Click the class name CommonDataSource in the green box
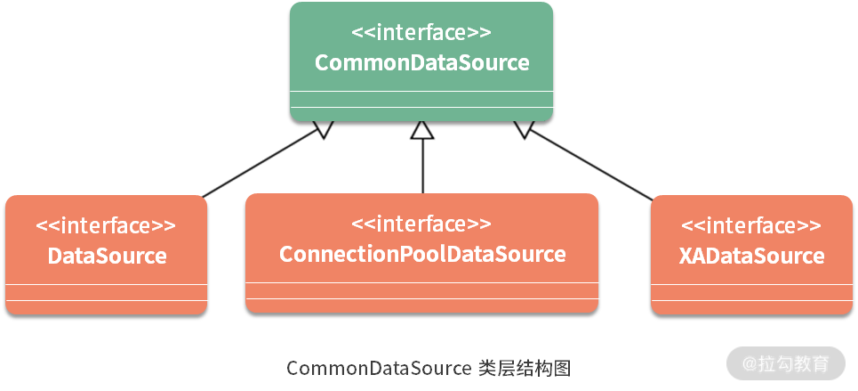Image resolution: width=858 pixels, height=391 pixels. coord(421,63)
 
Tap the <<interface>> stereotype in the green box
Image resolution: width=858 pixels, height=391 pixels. coord(421,34)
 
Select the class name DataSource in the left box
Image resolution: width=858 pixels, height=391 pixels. coord(107,257)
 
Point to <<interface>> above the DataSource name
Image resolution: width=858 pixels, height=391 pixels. coord(107,226)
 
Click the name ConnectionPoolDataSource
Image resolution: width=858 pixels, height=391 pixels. coord(422,255)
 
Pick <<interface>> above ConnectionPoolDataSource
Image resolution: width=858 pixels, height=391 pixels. coord(422,224)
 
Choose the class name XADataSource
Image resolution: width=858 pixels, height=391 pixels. coord(751,257)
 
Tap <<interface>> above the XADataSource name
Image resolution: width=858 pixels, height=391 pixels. coord(751,226)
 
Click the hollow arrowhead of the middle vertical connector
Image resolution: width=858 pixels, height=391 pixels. coord(422,131)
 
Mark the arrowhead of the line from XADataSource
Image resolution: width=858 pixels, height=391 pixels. coord(524,131)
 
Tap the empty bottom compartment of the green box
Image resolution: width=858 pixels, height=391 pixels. coord(421,114)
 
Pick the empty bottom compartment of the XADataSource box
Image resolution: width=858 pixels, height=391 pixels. coord(751,307)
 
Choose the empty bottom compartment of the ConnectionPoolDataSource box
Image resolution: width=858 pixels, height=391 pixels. coord(422,305)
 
